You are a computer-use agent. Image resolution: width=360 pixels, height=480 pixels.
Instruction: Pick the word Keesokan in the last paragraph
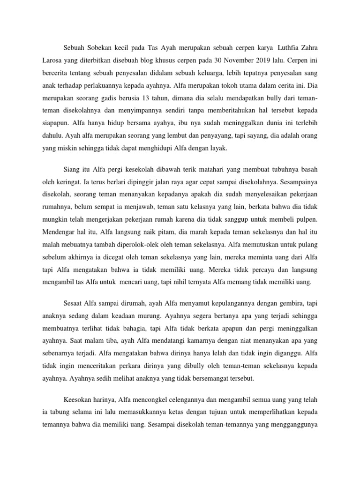point(77,399)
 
